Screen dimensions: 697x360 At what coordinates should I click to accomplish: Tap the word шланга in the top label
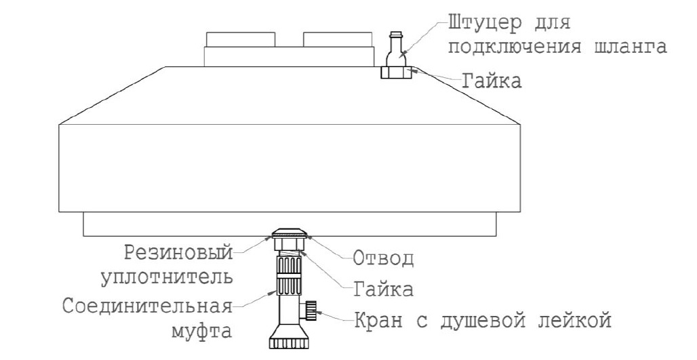point(631,46)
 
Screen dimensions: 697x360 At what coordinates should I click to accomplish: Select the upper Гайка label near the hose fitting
point(491,81)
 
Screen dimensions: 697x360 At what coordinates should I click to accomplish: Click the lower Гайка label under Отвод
point(383,289)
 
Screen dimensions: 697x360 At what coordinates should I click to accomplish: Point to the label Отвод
point(383,258)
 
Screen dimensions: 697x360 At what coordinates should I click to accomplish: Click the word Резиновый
point(178,254)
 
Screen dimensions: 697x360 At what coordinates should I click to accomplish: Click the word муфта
point(201,331)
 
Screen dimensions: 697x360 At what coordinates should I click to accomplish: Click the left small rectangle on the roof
point(240,39)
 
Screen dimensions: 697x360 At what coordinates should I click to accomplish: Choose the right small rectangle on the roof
point(338,39)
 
